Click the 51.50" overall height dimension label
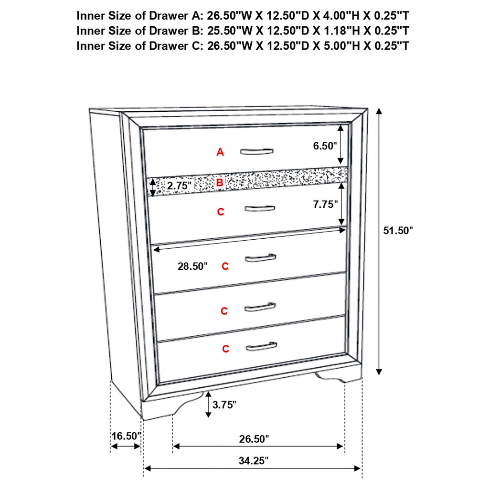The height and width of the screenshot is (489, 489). tap(398, 231)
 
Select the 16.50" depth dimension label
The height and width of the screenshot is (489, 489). tap(126, 436)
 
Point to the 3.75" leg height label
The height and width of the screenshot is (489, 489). tap(224, 405)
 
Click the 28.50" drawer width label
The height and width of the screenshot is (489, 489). tap(192, 266)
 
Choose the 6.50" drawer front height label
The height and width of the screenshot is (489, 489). tap(325, 146)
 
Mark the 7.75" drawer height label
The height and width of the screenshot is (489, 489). tap(325, 204)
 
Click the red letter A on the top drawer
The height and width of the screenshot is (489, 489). tap(220, 152)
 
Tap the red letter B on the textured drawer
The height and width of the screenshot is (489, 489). tap(219, 182)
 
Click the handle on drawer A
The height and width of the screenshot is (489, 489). tap(257, 151)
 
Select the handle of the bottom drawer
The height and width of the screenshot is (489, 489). tap(261, 346)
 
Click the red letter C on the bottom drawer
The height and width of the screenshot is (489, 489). tap(225, 349)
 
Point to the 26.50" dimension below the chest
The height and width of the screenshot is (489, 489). tap(254, 438)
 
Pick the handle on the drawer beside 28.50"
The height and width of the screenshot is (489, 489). tap(260, 258)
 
